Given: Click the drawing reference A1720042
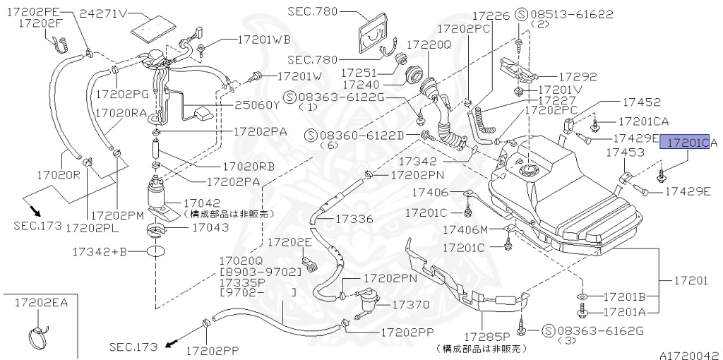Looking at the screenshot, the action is pyautogui.click(x=690, y=355).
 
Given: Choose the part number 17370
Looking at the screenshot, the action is pyautogui.click(x=410, y=304).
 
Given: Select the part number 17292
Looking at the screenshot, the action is pyautogui.click(x=578, y=76).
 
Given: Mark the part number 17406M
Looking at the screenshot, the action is pyautogui.click(x=465, y=229).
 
